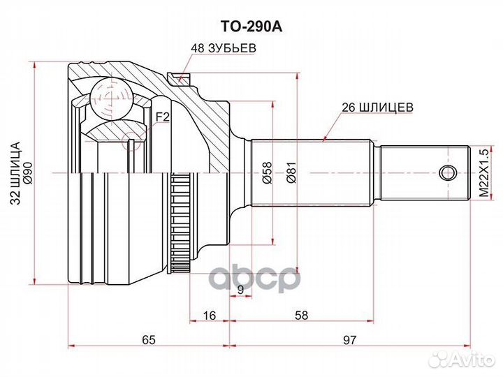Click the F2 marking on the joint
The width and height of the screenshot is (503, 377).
click(162, 117)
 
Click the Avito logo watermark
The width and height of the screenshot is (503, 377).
click(462, 360)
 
